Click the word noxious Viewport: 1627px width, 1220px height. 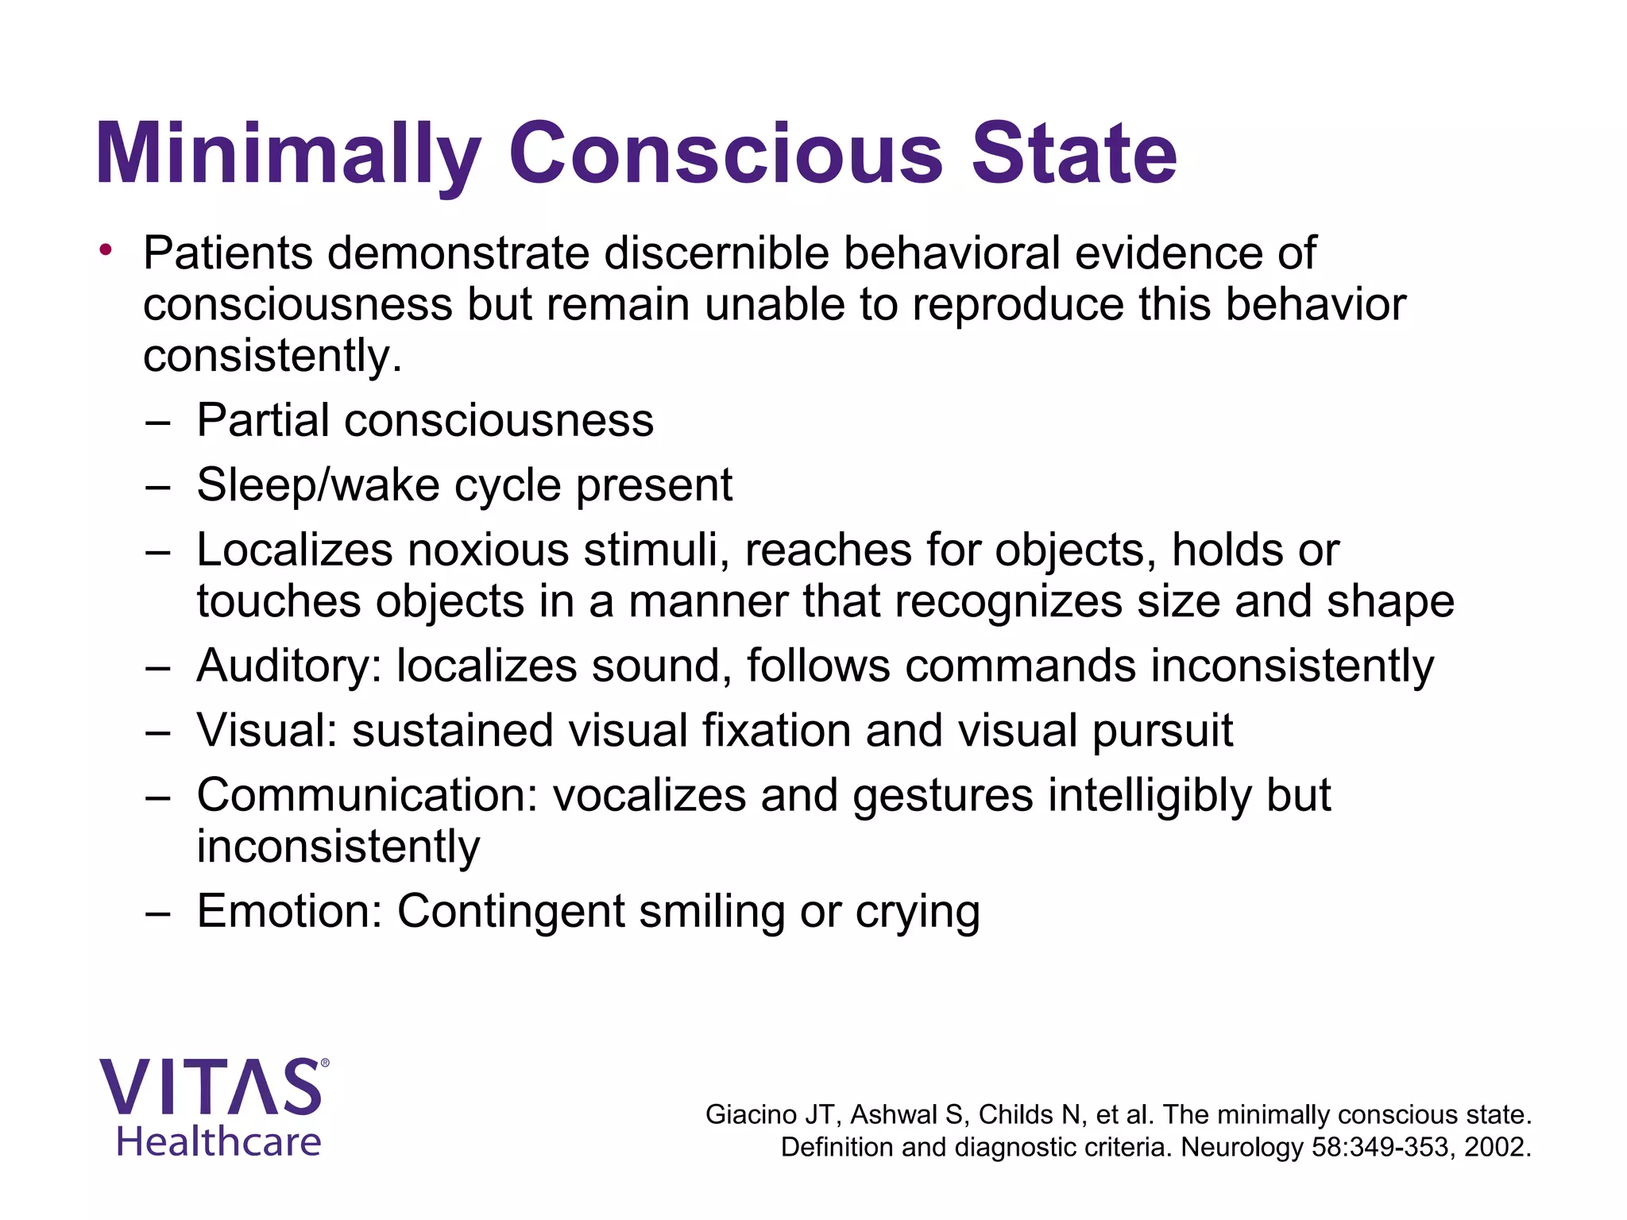tap(489, 550)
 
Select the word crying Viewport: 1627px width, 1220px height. tap(918, 913)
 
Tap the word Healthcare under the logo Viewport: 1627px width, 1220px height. tap(218, 1142)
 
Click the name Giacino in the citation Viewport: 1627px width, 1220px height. tap(751, 1115)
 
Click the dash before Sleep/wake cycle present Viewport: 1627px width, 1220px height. tap(158, 486)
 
